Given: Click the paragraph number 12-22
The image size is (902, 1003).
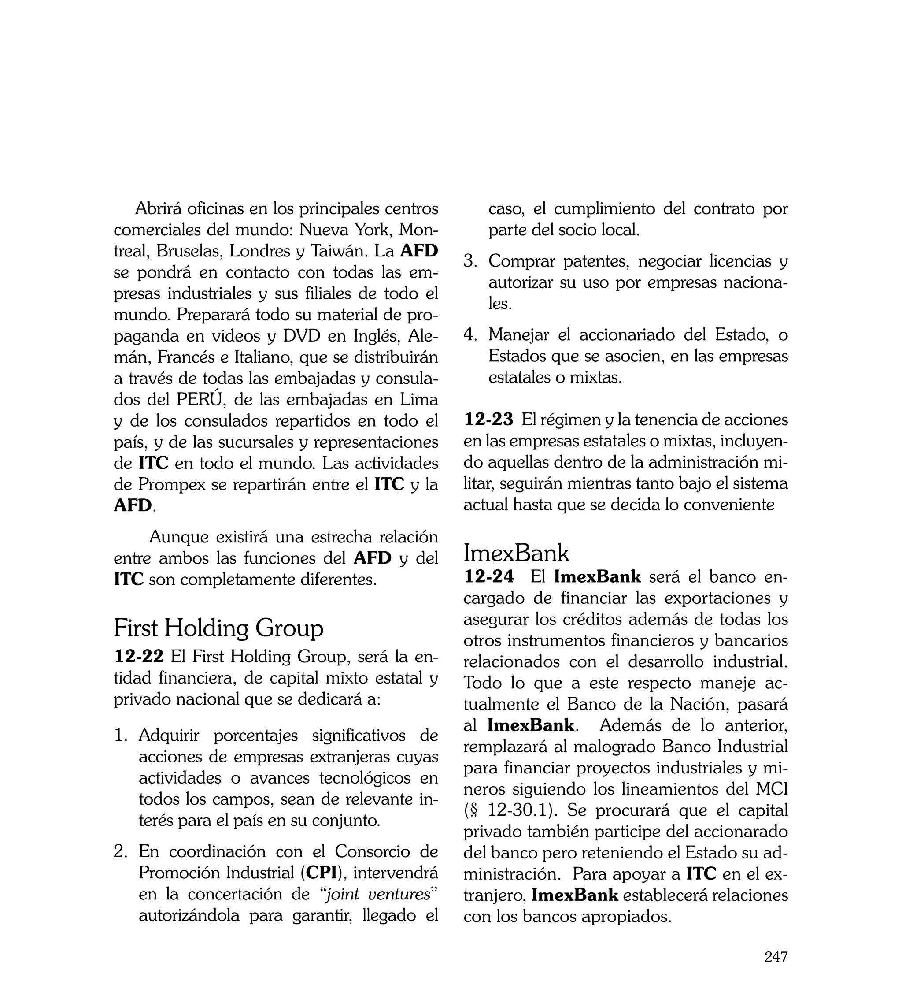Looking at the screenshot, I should pyautogui.click(x=139, y=657).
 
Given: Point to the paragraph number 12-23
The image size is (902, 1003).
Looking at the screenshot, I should pyautogui.click(x=489, y=420).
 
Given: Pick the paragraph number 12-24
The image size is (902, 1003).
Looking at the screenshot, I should pyautogui.click(x=489, y=577).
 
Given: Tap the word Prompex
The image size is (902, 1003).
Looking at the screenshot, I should pyautogui.click(x=171, y=484).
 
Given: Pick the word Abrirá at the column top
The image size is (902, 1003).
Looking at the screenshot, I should pyautogui.click(x=161, y=209).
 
